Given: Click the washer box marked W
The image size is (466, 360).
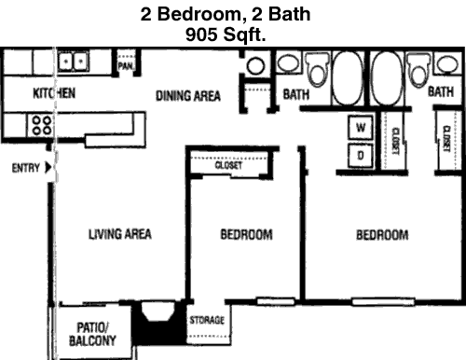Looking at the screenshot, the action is [x=361, y=127].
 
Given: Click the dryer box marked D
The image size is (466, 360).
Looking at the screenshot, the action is [x=361, y=155].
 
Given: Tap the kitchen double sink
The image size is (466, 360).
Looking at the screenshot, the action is [x=74, y=62].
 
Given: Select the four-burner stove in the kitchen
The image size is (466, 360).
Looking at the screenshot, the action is [x=42, y=125].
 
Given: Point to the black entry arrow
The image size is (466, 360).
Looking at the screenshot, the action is [x=48, y=168].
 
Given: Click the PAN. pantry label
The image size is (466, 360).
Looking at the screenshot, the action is [x=126, y=66].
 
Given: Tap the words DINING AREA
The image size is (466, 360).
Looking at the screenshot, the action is [x=188, y=96].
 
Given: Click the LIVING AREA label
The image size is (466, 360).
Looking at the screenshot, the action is [x=120, y=234].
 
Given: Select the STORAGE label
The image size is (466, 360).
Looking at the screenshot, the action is [x=207, y=320].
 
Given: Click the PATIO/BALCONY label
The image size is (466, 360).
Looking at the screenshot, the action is [x=92, y=334].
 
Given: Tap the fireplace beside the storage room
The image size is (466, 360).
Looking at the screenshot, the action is [x=158, y=322].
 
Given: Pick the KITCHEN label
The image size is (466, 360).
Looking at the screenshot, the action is [x=54, y=93].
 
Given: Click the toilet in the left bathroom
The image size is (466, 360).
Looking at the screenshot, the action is [x=318, y=69].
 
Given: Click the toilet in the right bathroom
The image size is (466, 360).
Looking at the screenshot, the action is [x=418, y=69].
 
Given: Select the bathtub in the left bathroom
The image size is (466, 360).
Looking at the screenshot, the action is [x=347, y=78].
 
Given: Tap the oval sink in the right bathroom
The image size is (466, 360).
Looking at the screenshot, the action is [x=447, y=64].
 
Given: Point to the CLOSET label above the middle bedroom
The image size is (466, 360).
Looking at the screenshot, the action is [x=228, y=165].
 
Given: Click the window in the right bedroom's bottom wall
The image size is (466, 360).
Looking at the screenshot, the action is [x=383, y=301].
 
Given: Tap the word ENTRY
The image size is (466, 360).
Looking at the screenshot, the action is [x=26, y=168].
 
